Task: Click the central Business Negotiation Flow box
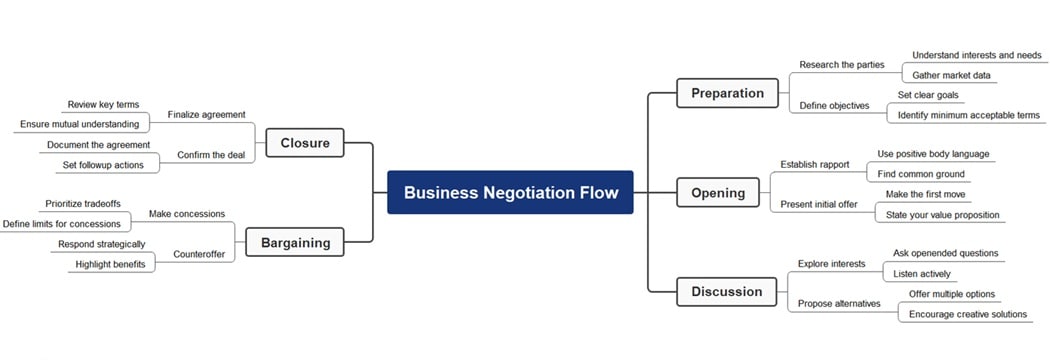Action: point(510,192)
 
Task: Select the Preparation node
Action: point(727,93)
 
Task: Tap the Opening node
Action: point(718,193)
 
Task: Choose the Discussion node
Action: point(726,292)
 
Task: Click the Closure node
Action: point(305,143)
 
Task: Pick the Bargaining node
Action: point(294,242)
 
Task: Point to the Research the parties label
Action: point(841,65)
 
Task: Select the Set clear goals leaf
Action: point(927,95)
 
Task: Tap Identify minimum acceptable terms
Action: point(968,115)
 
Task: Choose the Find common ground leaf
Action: point(921,174)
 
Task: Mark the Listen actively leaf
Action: point(922,273)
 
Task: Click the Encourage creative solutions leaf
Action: point(967,314)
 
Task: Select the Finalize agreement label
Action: point(206,114)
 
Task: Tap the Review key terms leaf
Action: point(103,104)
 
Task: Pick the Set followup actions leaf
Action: point(103,165)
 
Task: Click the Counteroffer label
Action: point(199,254)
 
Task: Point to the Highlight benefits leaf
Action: point(110,264)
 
